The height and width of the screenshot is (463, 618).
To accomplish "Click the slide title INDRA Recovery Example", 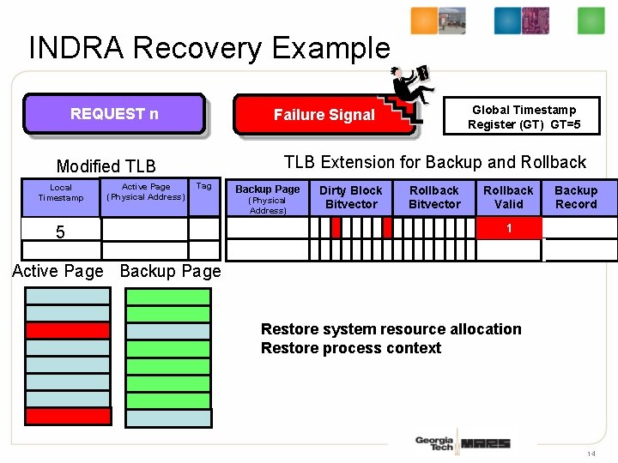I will coord(209,48).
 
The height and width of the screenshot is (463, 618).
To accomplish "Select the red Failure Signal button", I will coord(324,115).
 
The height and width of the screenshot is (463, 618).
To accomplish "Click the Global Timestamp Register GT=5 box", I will coord(523,117).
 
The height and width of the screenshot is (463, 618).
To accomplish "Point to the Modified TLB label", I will coord(106,166).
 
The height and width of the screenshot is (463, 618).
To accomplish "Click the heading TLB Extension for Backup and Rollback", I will coord(434,162).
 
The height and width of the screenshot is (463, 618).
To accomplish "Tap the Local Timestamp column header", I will coord(61,193).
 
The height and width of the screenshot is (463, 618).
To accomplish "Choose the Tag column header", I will coord(203,186).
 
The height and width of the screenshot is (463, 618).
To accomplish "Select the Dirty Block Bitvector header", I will coord(350,197).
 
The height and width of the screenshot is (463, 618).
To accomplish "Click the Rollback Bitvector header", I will coord(433,197).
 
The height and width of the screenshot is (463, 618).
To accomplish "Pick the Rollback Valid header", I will coord(508,197).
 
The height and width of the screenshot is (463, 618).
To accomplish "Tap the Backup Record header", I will coord(575,197).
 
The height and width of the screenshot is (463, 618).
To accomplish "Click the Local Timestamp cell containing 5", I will coord(60,231).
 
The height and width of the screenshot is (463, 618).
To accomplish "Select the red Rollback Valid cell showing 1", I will coord(509,228).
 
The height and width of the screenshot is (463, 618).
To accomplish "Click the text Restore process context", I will coord(350,348).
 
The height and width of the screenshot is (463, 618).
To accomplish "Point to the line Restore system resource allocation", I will coord(391,329).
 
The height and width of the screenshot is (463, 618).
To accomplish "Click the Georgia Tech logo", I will coord(433,443).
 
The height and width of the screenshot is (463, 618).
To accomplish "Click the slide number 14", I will coord(591,453).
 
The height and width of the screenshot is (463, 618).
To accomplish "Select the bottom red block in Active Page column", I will coord(68,416).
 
